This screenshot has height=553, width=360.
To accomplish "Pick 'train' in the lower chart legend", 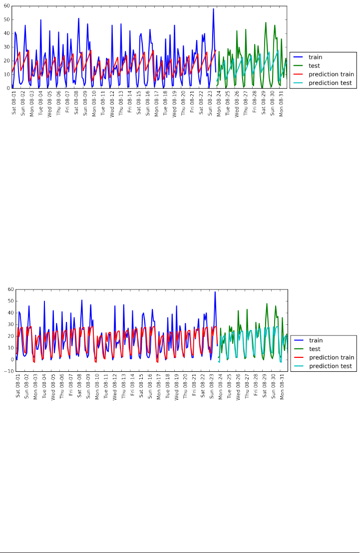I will pyautogui.click(x=315, y=340).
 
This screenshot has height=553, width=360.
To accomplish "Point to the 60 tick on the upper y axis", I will pyautogui.click(x=6, y=6).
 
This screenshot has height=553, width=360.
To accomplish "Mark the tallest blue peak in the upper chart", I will pyautogui.click(x=213, y=9).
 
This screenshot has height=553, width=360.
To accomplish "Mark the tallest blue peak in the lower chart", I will pyautogui.click(x=215, y=292).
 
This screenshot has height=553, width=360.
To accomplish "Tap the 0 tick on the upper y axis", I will pyautogui.click(x=8, y=88).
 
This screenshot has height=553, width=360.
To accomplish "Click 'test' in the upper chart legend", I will pyautogui.click(x=314, y=66).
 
